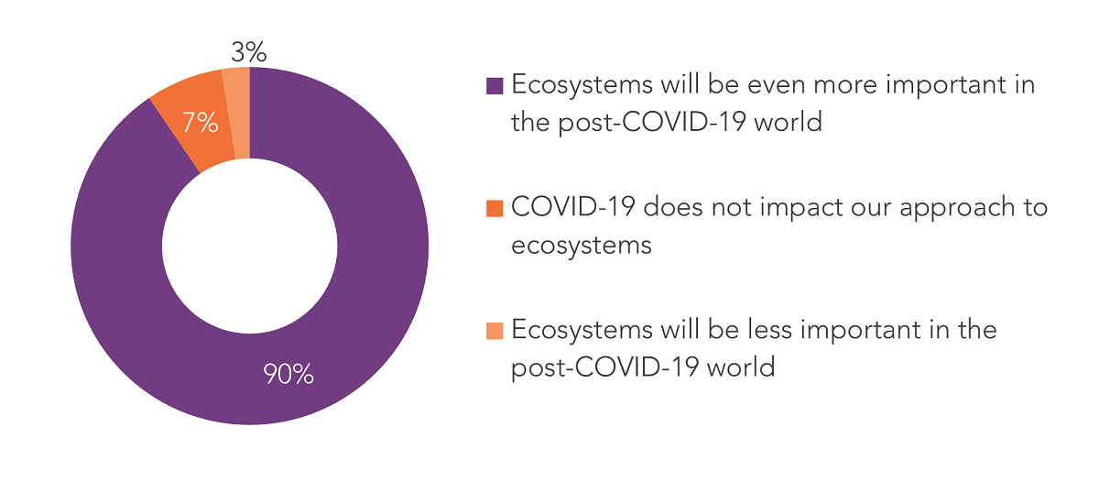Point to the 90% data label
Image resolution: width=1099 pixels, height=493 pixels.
coord(288,374)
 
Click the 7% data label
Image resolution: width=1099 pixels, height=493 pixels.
coord(200,123)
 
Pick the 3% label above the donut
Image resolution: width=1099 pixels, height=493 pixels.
coord(248,52)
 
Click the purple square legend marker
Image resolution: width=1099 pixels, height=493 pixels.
coord(495,86)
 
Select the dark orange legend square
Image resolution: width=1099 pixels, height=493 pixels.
coord(495,208)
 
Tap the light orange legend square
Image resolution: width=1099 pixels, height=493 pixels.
coord(495,330)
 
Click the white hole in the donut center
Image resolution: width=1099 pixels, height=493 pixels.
coord(249,246)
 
